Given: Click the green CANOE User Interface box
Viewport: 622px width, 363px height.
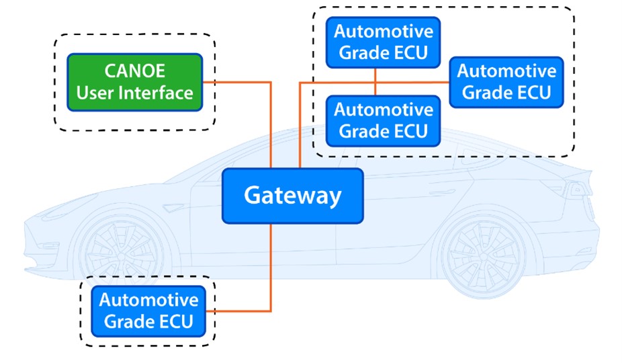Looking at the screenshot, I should pyautogui.click(x=134, y=82).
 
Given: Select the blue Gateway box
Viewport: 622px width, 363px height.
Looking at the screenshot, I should pyautogui.click(x=292, y=196).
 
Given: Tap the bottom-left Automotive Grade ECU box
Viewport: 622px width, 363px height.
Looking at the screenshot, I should pyautogui.click(x=148, y=311).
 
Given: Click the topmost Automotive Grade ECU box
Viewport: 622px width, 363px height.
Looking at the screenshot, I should pyautogui.click(x=383, y=42).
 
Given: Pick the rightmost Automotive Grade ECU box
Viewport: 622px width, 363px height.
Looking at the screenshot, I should pyautogui.click(x=506, y=81).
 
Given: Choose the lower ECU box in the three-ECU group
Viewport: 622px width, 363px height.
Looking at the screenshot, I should pyautogui.click(x=383, y=120).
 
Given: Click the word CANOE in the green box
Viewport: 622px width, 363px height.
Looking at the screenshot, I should pyautogui.click(x=134, y=71).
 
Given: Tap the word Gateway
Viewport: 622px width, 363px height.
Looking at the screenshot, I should pyautogui.click(x=292, y=196).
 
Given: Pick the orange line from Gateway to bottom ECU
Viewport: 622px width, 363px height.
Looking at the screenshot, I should pyautogui.click(x=271, y=269).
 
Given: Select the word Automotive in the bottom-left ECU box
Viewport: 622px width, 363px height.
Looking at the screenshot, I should pyautogui.click(x=148, y=300).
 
